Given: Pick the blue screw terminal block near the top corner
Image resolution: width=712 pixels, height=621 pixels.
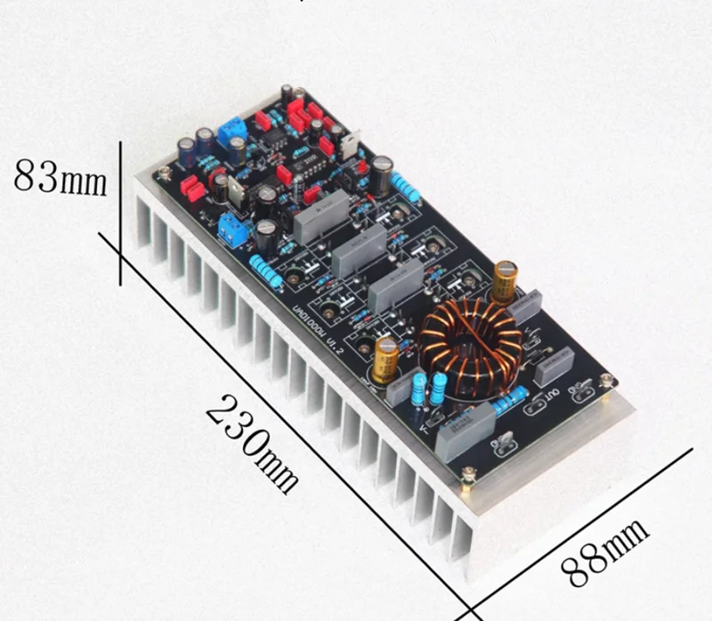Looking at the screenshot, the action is pyautogui.click(x=231, y=127).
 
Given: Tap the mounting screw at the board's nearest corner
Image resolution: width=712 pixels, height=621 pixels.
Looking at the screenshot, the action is pyautogui.click(x=465, y=480).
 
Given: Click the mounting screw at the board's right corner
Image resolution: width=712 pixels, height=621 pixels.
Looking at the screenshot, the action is pyautogui.click(x=606, y=380).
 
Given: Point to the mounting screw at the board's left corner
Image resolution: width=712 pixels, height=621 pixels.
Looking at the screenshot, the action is pyautogui.click(x=165, y=170).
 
